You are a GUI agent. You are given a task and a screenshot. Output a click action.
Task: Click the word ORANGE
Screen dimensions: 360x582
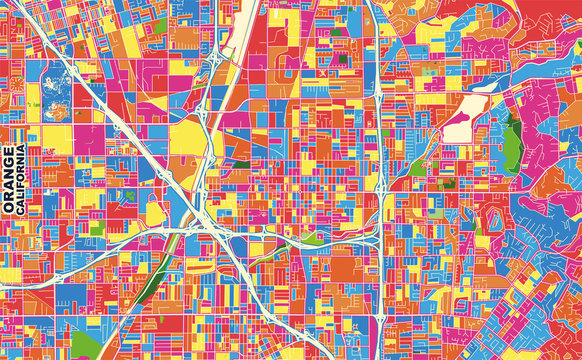[9, 181]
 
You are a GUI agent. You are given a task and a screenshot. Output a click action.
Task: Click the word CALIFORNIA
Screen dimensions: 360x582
[22, 181]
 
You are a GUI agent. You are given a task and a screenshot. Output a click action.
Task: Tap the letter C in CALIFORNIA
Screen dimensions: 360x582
[22, 213]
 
